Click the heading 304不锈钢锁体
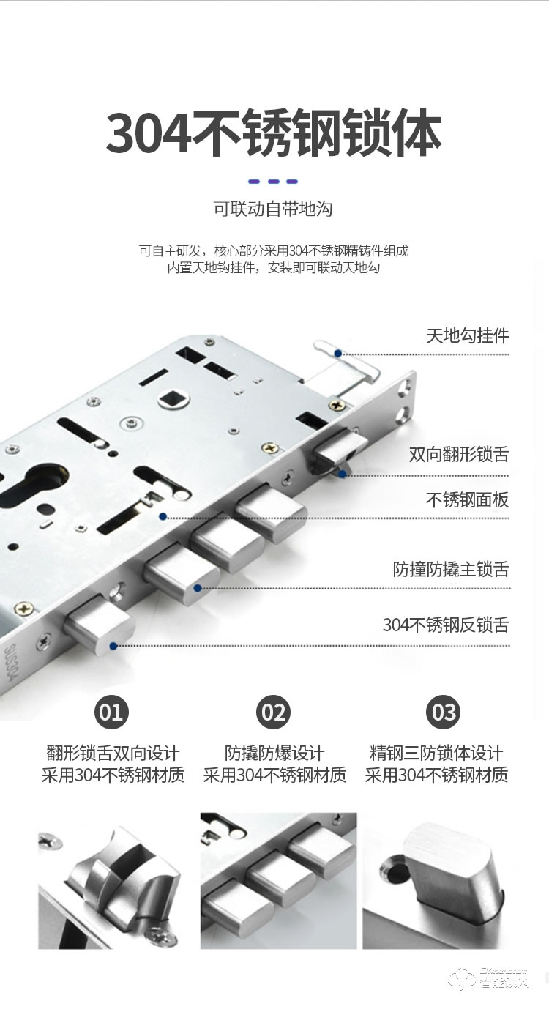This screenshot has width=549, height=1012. tap(274, 133)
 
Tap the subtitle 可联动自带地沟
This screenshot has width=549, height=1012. tap(273, 209)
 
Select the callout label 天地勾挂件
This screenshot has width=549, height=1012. tap(467, 336)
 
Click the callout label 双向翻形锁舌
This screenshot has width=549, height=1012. tap(458, 454)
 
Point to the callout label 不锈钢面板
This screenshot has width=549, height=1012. tap(467, 500)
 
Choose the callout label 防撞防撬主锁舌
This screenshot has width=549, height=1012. tap(451, 569)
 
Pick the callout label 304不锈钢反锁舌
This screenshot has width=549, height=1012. tap(446, 625)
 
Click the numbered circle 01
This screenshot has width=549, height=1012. tap(111, 712)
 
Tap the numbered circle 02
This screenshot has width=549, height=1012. tap(273, 712)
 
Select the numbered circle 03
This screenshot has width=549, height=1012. tap(444, 712)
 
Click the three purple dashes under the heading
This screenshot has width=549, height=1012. tap(273, 181)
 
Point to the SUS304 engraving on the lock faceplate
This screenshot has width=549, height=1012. tap(11, 663)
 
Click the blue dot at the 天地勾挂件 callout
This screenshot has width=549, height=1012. tap(337, 354)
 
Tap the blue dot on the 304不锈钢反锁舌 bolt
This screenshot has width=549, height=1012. tap(113, 646)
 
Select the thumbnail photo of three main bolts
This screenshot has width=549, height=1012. tap(278, 880)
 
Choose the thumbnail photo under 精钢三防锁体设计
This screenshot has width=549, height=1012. tap(436, 880)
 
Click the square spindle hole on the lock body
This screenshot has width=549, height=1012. tap(173, 400)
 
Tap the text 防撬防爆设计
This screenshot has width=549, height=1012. tap(274, 754)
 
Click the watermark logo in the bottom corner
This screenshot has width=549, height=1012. tap(496, 979)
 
